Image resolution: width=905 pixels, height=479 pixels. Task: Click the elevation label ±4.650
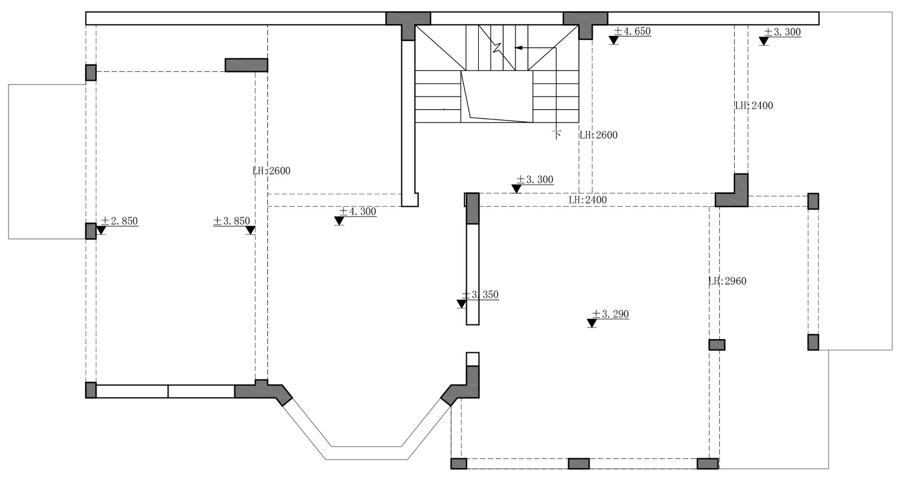(x=632, y=31)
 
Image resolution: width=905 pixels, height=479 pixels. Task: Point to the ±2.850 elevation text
(x=119, y=221)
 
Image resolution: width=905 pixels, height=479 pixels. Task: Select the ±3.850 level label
(x=231, y=221)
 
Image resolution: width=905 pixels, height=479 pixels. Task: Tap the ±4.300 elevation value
(x=358, y=211)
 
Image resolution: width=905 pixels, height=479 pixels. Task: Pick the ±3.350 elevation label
(x=480, y=295)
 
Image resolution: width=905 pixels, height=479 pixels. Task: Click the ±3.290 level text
(x=610, y=314)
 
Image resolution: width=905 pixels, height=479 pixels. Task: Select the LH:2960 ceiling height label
(x=727, y=281)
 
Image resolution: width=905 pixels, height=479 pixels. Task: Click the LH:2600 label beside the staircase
(x=598, y=135)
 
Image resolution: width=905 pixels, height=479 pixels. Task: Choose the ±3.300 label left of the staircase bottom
(x=535, y=180)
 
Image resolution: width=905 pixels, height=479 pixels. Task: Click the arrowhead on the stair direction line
(x=519, y=48)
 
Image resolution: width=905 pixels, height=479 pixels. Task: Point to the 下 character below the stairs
(x=556, y=135)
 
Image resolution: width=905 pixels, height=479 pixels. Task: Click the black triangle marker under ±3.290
(x=592, y=324)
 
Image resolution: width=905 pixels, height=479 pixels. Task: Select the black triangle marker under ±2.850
(x=101, y=231)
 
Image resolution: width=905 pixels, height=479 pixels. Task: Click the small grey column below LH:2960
(x=717, y=345)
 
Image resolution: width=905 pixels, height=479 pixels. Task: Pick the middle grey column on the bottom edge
(x=579, y=464)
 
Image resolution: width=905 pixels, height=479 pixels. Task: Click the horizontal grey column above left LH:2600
(x=246, y=65)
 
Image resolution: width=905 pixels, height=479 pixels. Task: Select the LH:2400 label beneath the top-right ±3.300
(x=754, y=106)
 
